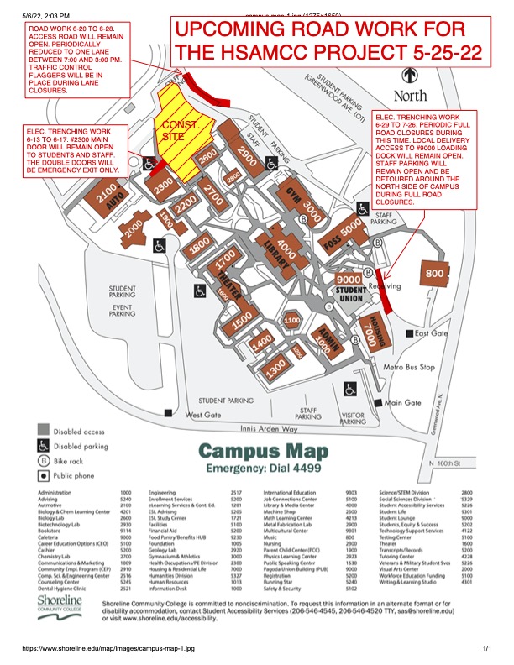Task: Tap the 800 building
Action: [434, 274]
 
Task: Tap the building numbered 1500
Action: [241, 319]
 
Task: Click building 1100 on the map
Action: [292, 320]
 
